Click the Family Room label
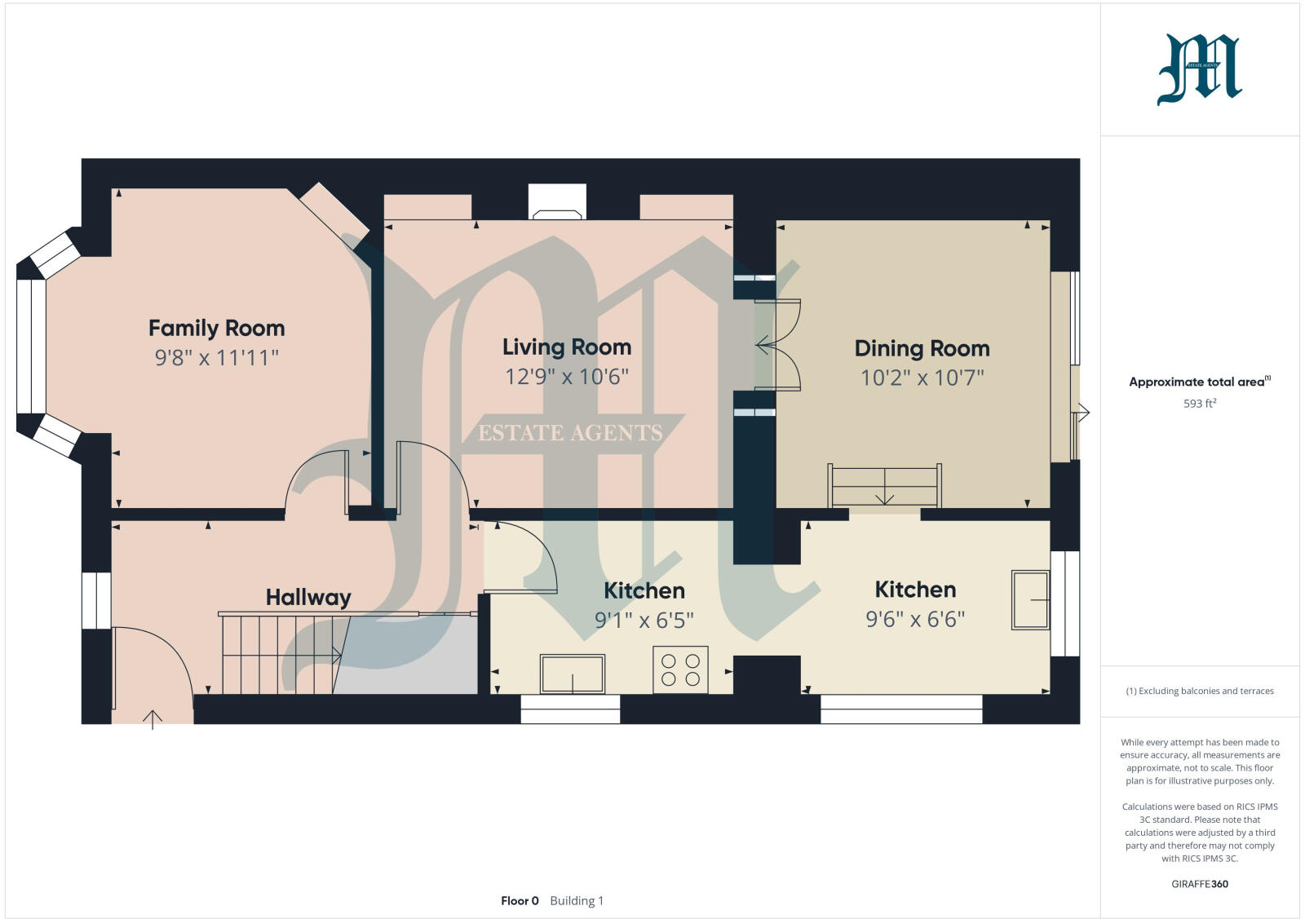[x=216, y=328]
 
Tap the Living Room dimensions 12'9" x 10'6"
[x=567, y=377]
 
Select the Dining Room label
[x=922, y=348]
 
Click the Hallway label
[x=307, y=597]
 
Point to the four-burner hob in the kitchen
[x=680, y=669]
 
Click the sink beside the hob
[x=572, y=674]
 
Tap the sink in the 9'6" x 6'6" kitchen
[x=1030, y=599]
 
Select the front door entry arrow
[x=153, y=718]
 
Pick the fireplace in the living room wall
[x=557, y=202]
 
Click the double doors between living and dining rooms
[x=777, y=346]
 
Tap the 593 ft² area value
[x=1200, y=404]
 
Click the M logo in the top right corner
[x=1200, y=69]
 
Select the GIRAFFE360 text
[x=1200, y=884]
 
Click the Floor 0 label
[x=520, y=901]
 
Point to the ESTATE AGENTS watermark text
[x=570, y=432]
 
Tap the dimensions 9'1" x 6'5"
[x=644, y=621]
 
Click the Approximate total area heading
[x=1197, y=382]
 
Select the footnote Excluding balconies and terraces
[x=1200, y=691]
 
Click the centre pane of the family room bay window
[x=31, y=347]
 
